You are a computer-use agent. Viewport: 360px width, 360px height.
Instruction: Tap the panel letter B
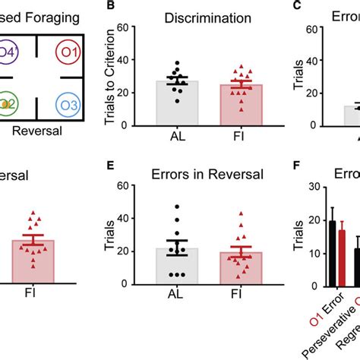(x=116, y=6)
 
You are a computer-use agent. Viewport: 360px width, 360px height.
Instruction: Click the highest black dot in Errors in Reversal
(x=177, y=207)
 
